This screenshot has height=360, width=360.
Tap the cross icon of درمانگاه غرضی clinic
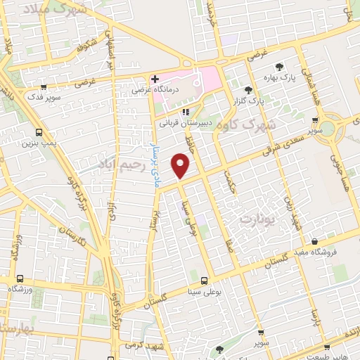click(x=154, y=79)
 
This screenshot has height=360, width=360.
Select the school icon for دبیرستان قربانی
click(x=185, y=111)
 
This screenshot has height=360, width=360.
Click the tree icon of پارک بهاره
click(x=280, y=67)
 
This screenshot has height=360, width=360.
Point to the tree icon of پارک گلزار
click(x=247, y=90)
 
